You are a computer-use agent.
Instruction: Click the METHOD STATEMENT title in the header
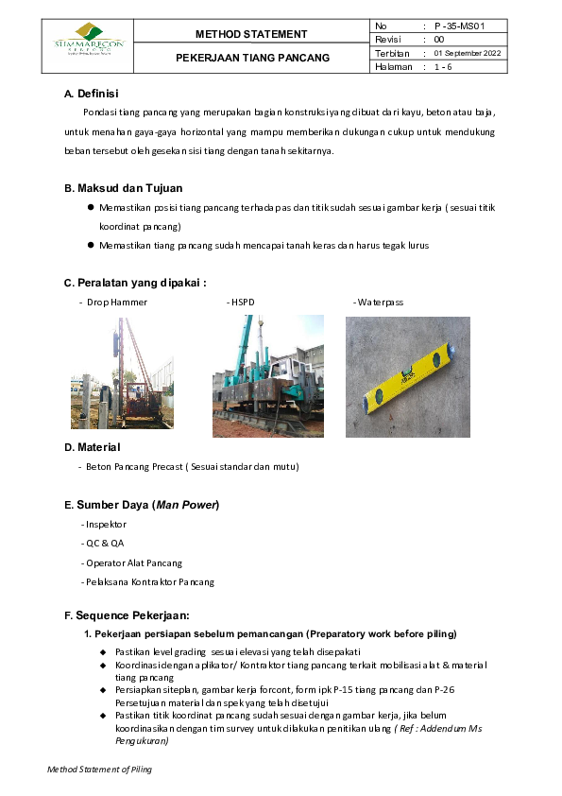tap(251, 34)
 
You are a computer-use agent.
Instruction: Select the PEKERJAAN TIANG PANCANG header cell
tap(252, 58)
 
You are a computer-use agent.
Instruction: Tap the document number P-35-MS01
tap(461, 26)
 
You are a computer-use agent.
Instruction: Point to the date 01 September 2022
tap(467, 53)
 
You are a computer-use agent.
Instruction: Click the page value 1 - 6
tap(443, 67)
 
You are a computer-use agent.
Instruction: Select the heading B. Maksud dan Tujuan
tap(123, 188)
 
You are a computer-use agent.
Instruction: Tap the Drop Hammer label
tap(116, 302)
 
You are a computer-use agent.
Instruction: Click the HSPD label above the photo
tap(242, 302)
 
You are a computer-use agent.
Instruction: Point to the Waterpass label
tap(379, 302)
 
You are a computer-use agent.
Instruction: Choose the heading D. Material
tap(92, 446)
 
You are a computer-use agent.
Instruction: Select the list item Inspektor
tap(104, 524)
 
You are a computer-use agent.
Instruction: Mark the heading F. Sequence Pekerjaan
tap(127, 614)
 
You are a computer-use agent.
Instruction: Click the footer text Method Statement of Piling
tap(100, 770)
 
